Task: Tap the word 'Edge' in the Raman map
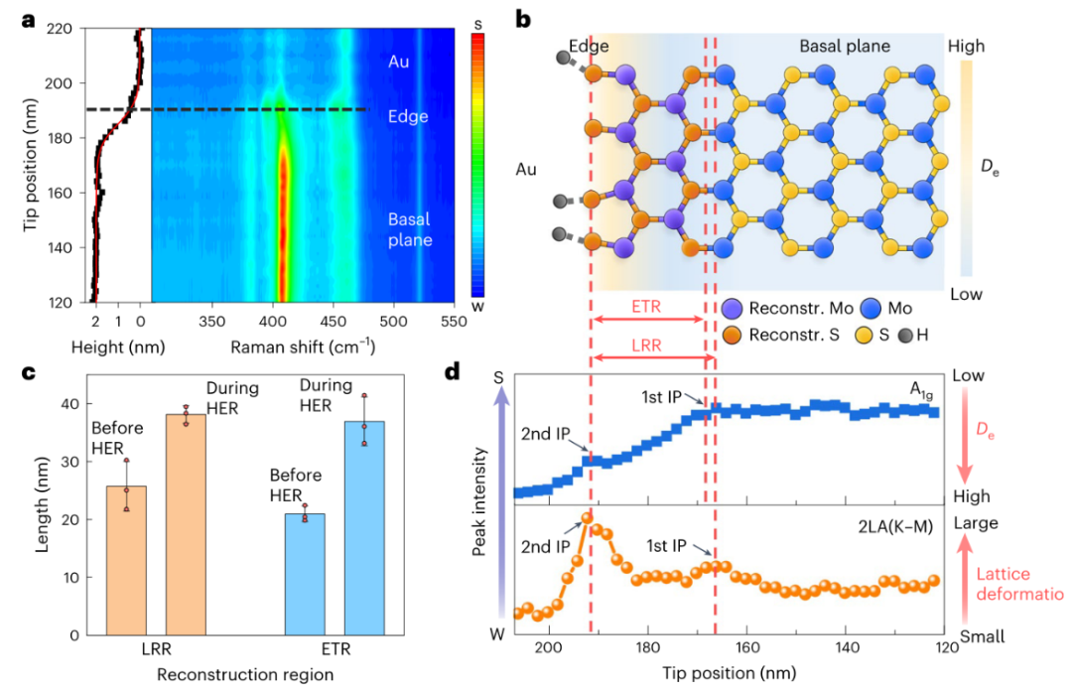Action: (x=408, y=116)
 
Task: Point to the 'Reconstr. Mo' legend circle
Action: (x=734, y=309)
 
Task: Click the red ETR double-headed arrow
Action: (x=647, y=320)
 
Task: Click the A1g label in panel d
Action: (x=925, y=390)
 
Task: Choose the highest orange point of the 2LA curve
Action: (x=587, y=517)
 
